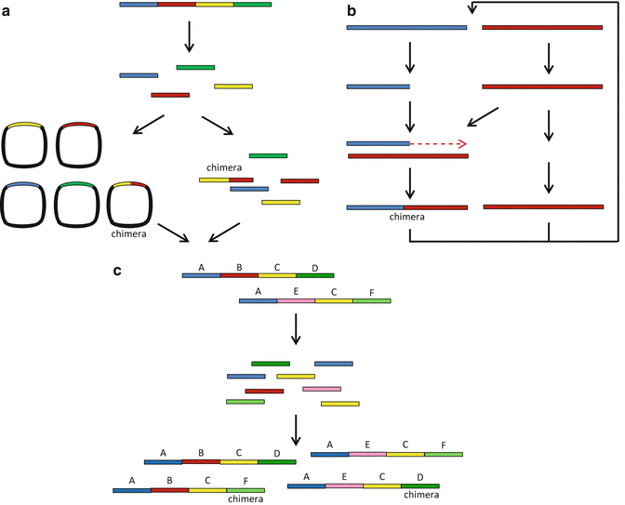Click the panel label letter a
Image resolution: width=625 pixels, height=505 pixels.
(7, 10)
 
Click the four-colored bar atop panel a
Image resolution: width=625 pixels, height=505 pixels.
(195, 5)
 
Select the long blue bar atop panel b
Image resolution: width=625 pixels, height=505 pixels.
(406, 28)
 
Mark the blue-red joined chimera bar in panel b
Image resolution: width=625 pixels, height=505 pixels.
(406, 207)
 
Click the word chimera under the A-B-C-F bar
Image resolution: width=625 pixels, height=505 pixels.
(246, 498)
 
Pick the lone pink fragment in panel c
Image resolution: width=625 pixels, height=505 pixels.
(322, 389)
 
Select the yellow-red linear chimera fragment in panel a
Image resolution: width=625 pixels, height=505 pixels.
(226, 179)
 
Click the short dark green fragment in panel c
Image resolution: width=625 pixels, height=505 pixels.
(271, 363)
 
